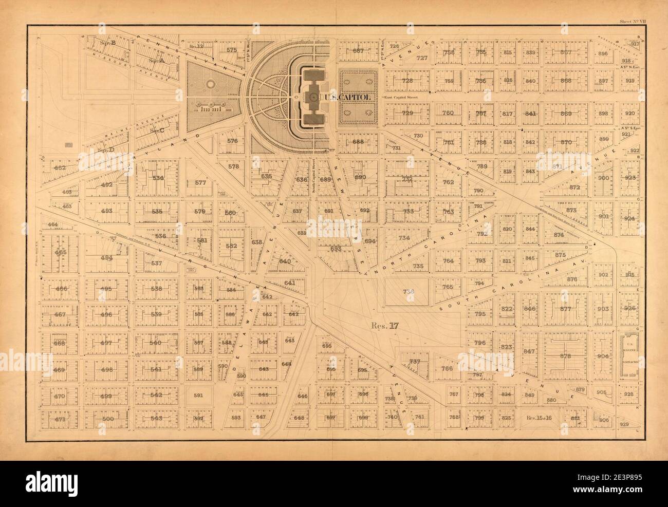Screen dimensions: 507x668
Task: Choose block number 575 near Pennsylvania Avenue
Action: point(232,50)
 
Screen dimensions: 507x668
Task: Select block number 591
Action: point(199,396)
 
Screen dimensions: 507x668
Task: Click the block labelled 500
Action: point(107,419)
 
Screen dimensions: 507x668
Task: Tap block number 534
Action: point(158,178)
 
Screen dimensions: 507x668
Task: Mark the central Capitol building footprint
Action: point(311,97)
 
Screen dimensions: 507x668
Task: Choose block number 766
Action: point(447,369)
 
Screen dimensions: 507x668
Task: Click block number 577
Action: point(200,183)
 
